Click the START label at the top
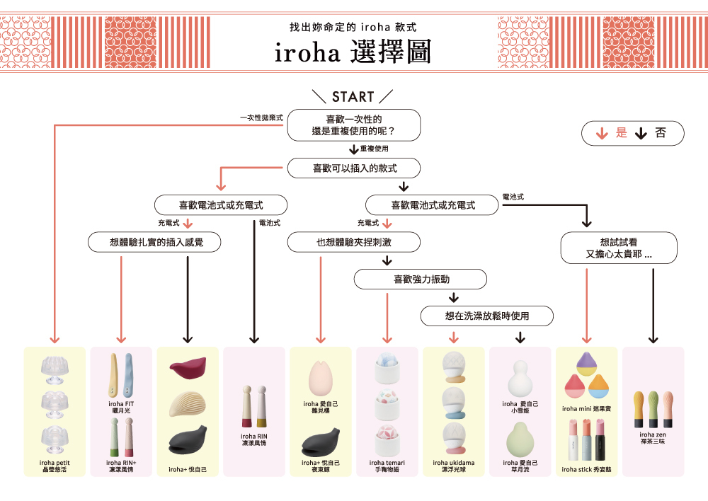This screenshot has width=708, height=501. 353,97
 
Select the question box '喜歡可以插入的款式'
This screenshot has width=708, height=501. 353,168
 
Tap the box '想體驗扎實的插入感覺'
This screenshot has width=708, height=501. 155,242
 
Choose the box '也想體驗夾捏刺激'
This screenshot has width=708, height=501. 353,242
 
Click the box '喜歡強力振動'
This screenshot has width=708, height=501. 420,279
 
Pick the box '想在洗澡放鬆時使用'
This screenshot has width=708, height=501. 486,316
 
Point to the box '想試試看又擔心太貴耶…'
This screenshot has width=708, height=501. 619,248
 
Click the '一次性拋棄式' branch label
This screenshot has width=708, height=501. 261,117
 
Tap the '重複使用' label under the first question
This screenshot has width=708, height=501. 374,149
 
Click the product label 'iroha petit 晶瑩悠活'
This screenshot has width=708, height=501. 55,466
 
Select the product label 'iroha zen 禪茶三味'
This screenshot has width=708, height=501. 653,437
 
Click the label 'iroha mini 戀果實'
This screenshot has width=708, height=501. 586,408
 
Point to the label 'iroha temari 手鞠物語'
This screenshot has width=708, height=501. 387,466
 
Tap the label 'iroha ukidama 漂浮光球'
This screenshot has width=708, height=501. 453,466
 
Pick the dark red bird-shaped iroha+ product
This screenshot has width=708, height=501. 188,369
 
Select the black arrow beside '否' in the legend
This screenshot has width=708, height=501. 642,133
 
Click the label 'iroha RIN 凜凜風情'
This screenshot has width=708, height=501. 254,439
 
